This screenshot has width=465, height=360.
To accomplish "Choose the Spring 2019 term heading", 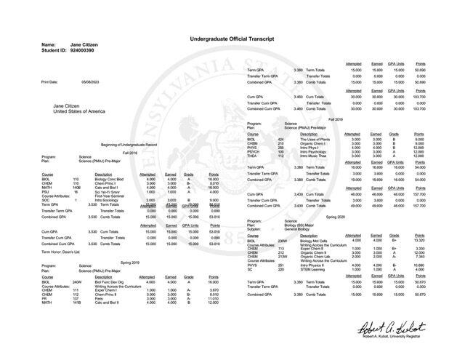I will (x=129, y=261).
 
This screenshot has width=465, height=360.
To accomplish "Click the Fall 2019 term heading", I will (x=336, y=118).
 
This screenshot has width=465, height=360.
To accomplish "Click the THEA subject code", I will (x=254, y=156).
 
